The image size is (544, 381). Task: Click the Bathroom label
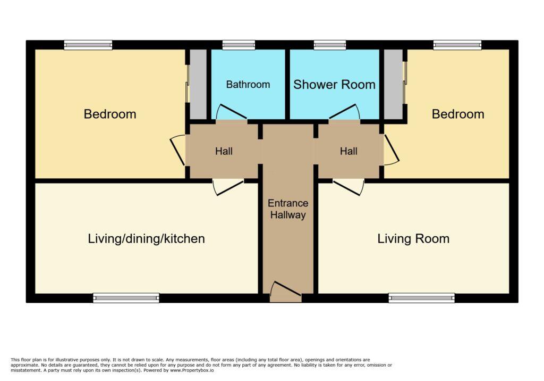248,85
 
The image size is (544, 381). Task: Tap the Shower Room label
335,85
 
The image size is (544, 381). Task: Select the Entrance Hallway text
288,209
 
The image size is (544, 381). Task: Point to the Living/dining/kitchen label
147,239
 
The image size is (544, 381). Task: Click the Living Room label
413,239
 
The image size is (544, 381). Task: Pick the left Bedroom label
110,114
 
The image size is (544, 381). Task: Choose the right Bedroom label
458,114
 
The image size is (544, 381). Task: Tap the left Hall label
224,151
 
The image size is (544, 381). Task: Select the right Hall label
348,151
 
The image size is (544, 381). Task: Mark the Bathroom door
232,112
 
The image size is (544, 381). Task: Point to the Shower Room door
344,112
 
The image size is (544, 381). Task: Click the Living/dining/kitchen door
228,187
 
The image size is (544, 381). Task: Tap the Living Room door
348,187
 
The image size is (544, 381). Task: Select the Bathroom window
239,45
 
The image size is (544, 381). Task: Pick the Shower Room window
330,45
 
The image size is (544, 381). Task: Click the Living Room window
421,298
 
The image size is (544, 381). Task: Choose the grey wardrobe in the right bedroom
394,84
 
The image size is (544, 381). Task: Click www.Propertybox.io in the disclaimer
192,370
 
